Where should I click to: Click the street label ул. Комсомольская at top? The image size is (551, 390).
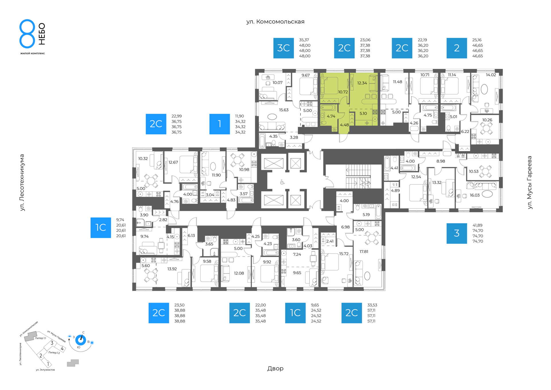pos(275,22)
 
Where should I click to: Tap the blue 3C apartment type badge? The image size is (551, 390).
pos(284,48)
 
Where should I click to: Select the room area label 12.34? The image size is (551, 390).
pos(362,83)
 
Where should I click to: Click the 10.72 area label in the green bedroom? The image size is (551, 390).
pos(343,92)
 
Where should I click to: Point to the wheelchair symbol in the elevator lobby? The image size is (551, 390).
pos(282,182)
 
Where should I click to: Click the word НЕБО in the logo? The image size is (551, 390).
pos(42,34)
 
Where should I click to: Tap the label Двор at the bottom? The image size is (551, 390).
pos(275,368)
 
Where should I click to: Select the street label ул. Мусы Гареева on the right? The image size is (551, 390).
pos(529,182)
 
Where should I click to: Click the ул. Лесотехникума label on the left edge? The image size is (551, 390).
pos(22,183)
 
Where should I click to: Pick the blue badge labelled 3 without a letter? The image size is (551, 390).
pos(457,233)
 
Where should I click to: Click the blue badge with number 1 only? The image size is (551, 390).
pos(220,124)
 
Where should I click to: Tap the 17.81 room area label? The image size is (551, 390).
pos(364,252)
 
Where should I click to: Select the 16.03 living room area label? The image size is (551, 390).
pos(475,195)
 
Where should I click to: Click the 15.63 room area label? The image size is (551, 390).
pos(284,110)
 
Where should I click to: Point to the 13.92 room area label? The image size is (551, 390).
pos(172,269)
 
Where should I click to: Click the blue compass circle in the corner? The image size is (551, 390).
pos(81,340)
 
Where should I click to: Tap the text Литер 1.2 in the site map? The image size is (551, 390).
pos(54,353)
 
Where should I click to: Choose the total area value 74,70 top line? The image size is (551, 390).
pos(478,231)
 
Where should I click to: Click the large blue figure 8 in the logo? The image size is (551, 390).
pos(27,34)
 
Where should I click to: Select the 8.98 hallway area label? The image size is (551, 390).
pos(441,161)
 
